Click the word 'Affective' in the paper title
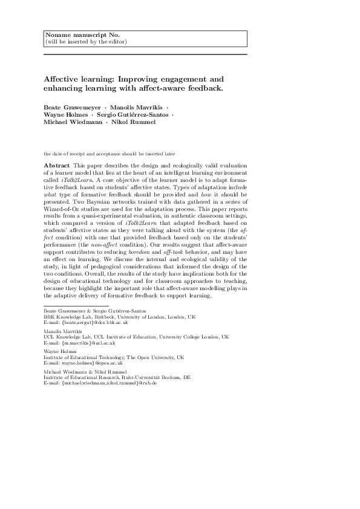click(63, 79)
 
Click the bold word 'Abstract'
click(56, 165)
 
